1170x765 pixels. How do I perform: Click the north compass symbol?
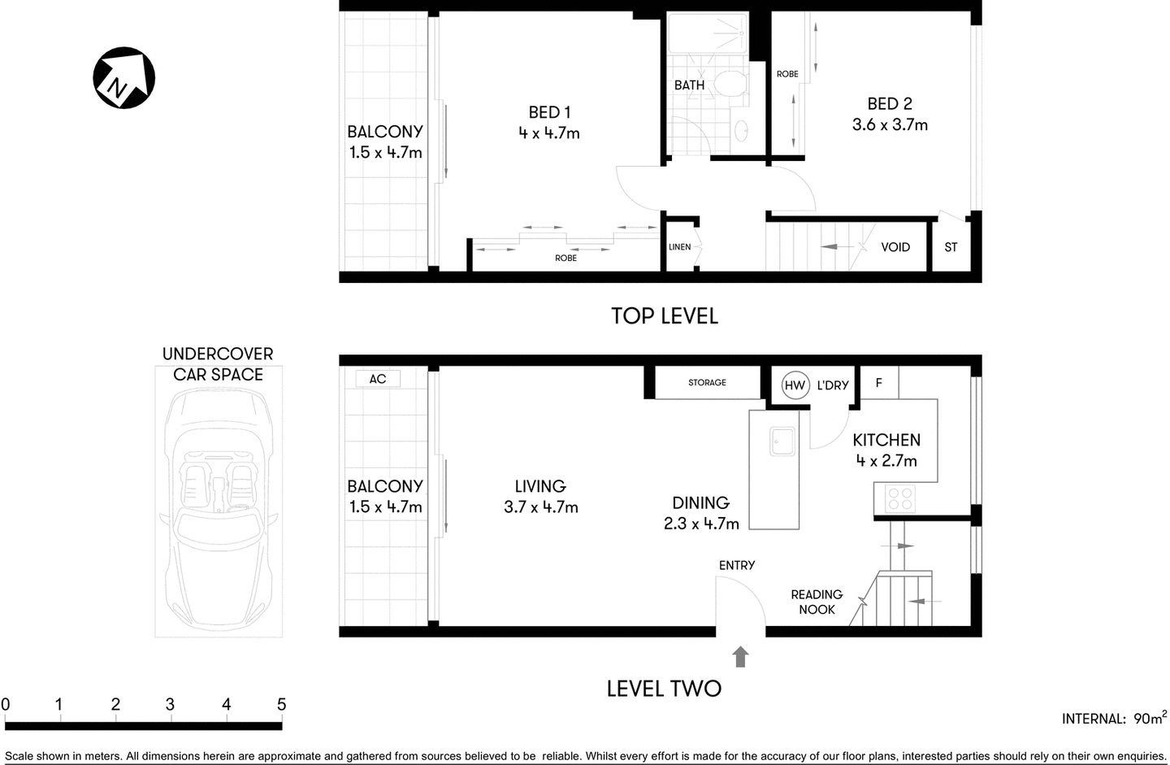tap(123, 78)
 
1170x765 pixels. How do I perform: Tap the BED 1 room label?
tap(549, 112)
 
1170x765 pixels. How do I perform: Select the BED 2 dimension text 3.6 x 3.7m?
tap(890, 125)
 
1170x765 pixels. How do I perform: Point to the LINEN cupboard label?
tap(679, 247)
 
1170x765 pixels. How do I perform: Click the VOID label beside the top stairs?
tap(895, 247)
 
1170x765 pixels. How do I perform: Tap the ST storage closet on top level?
tap(951, 247)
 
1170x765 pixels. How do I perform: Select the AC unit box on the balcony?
tap(378, 379)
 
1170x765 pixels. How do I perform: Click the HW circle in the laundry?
tap(795, 385)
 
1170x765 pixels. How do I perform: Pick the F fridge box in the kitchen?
tap(878, 383)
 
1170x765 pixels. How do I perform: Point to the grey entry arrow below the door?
tap(740, 657)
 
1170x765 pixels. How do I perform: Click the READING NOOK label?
tap(817, 602)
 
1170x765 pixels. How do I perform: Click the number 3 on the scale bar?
tap(170, 704)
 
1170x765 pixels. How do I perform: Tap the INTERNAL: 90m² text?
tap(1114, 718)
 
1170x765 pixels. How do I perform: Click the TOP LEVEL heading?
tap(664, 316)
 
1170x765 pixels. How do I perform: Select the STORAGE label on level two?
tap(707, 382)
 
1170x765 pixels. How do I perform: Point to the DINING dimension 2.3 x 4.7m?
tap(701, 524)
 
